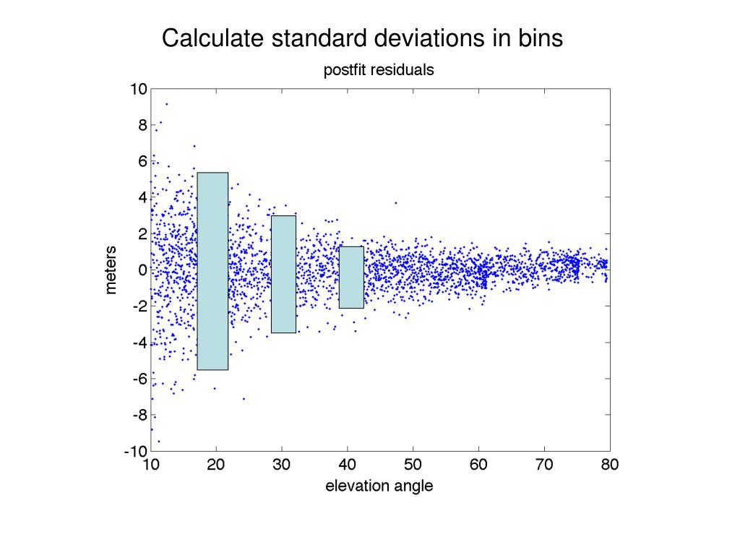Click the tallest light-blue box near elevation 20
click(212, 271)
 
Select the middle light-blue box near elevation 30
click(283, 274)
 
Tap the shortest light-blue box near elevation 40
click(351, 277)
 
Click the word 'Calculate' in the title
click(212, 38)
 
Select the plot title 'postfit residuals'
click(379, 70)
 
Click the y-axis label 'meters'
click(111, 270)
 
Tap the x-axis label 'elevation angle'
click(379, 486)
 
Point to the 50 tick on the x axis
click(413, 465)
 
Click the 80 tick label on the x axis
click(609, 465)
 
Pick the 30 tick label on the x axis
click(282, 465)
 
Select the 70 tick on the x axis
click(544, 465)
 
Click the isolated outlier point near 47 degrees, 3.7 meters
click(395, 203)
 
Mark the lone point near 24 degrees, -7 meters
click(244, 399)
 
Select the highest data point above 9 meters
click(166, 104)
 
